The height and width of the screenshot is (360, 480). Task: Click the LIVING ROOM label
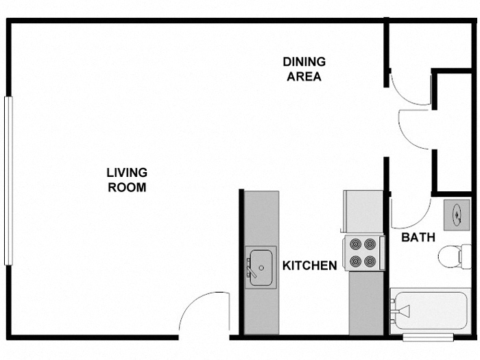click(127, 180)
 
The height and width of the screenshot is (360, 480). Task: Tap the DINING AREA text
click(304, 69)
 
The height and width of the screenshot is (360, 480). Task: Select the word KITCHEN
click(310, 265)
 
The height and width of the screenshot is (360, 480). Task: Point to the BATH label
click(418, 238)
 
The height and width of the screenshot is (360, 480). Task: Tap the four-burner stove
click(363, 252)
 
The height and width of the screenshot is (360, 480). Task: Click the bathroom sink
click(457, 214)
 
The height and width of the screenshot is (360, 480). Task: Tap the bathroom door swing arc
click(410, 213)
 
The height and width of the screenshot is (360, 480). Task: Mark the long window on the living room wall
click(8, 180)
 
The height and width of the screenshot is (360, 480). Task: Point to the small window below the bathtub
click(427, 337)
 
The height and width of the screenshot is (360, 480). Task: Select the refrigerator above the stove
click(363, 212)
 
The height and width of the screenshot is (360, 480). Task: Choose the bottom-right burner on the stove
click(371, 261)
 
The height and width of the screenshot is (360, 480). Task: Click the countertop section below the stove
click(365, 302)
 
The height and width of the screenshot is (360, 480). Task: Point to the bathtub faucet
click(400, 312)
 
